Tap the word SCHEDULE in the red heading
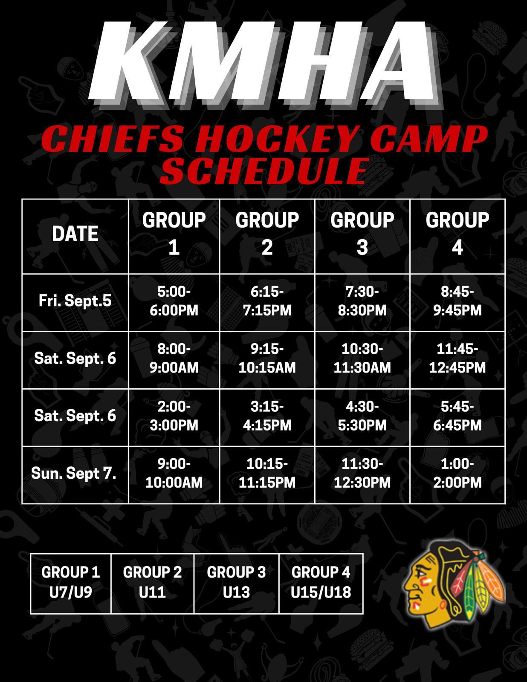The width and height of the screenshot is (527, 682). pos(263,171)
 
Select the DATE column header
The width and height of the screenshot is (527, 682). pos(75,234)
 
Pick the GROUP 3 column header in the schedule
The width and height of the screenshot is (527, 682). pos(362,234)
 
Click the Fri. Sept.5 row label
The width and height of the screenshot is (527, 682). pos(75,301)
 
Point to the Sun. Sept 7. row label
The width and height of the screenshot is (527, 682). pos(74,473)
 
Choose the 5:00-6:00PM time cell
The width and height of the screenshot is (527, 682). pos(174,301)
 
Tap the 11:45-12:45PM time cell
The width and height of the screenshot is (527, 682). pos(458,358)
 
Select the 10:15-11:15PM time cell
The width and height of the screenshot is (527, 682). pos(267,473)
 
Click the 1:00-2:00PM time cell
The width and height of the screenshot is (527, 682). pos(458,473)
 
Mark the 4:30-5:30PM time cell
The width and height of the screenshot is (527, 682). pos(362,416)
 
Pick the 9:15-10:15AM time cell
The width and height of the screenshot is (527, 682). pos(267,358)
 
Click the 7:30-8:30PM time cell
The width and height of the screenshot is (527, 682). pos(362,301)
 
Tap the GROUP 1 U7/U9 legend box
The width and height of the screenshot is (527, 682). pos(71,584)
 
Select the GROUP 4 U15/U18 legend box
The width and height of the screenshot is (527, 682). pos(321,584)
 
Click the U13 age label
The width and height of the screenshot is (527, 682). pos(236,592)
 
